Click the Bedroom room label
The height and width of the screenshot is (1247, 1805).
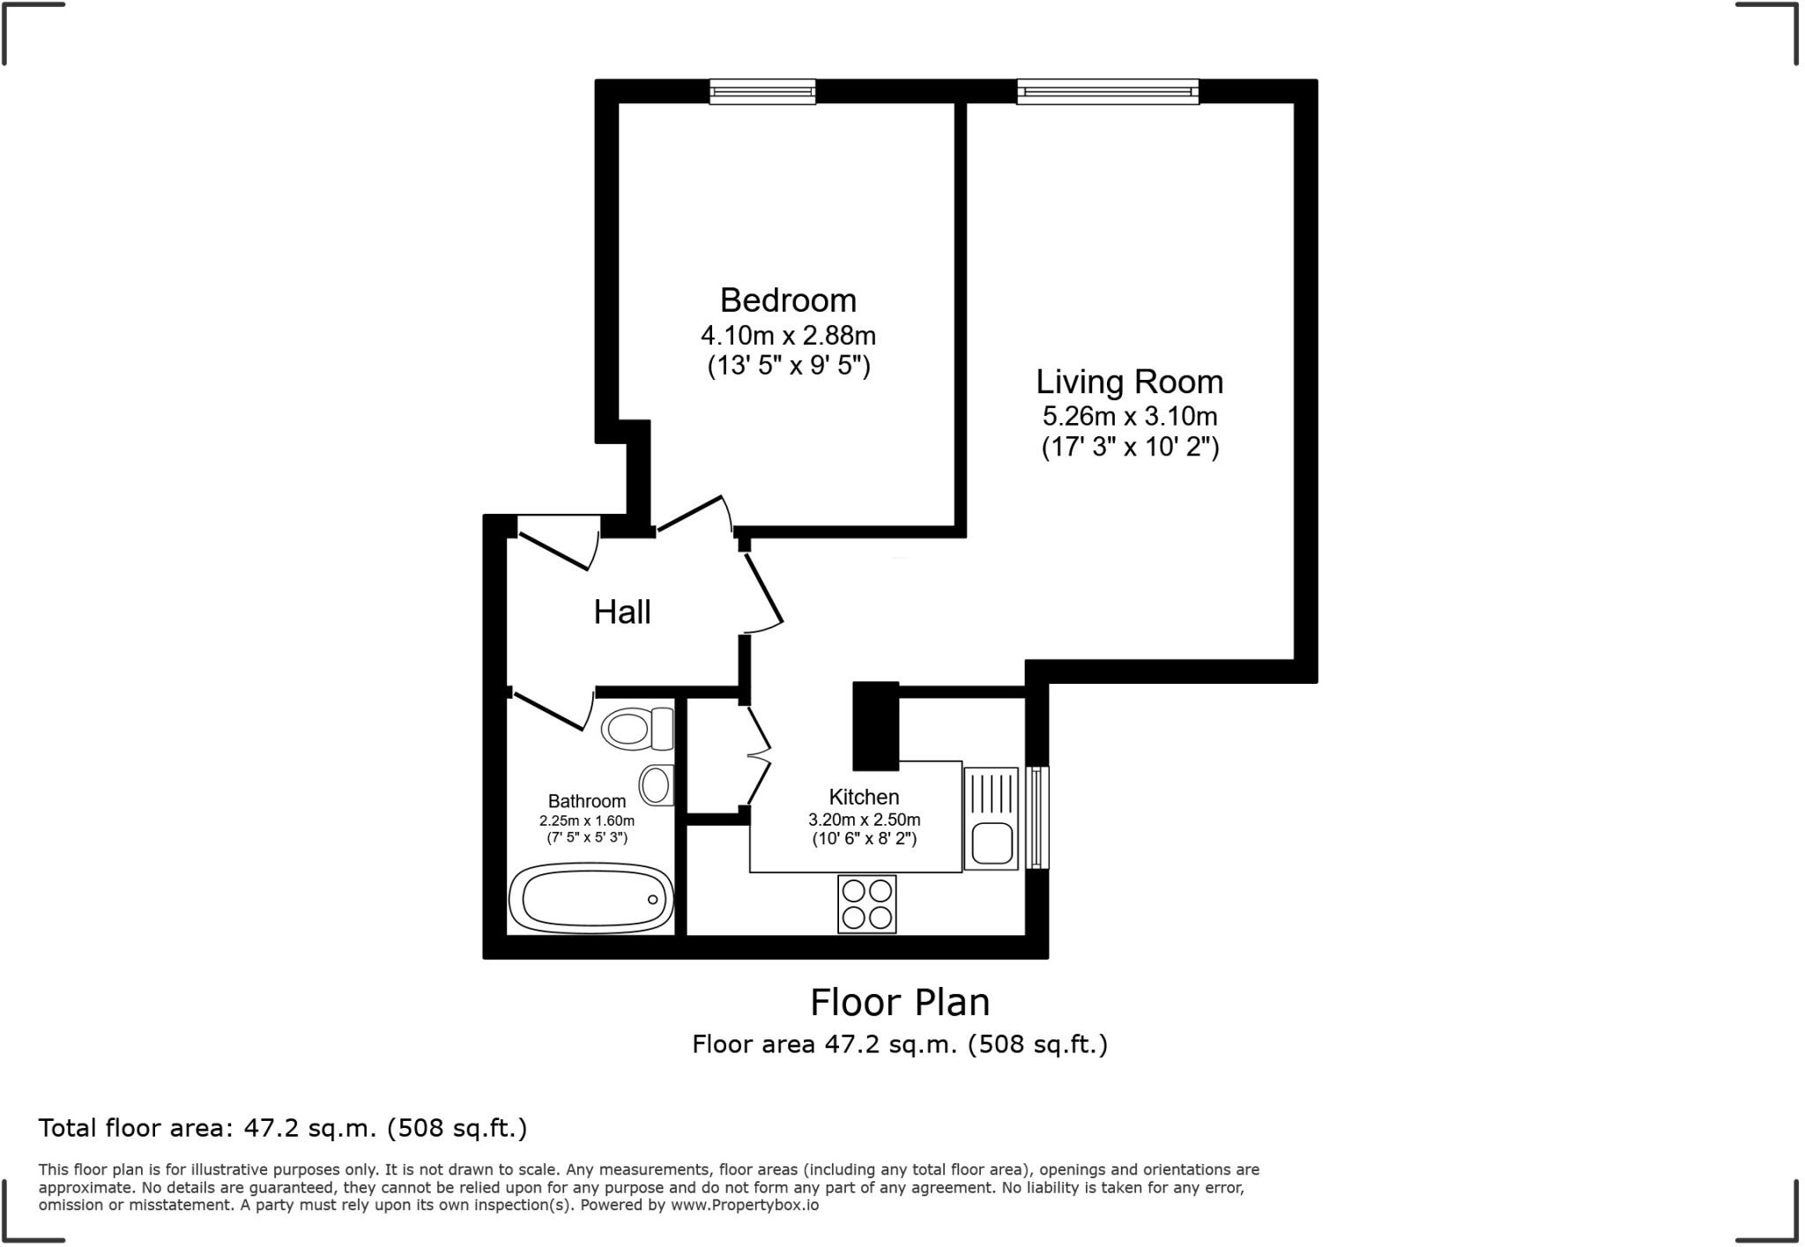[788, 301]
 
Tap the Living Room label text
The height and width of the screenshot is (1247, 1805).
[1129, 382]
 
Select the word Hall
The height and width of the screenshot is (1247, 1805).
[621, 612]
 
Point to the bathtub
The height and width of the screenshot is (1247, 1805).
[591, 898]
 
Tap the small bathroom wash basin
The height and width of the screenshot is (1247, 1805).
[657, 784]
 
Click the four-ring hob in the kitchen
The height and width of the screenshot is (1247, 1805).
[866, 904]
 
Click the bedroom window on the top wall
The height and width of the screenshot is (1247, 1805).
[762, 92]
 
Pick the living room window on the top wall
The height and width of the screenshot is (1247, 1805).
[1108, 92]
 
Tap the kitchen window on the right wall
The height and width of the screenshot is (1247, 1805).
[1039, 817]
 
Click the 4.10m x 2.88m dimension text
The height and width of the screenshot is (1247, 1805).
[788, 336]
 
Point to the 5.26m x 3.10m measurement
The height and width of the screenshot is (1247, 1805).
[1129, 416]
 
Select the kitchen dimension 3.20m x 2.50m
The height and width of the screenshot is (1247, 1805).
[864, 820]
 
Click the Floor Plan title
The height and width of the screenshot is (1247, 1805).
[899, 1002]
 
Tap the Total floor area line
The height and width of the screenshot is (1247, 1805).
[282, 1128]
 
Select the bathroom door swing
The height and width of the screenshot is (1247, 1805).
[553, 710]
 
